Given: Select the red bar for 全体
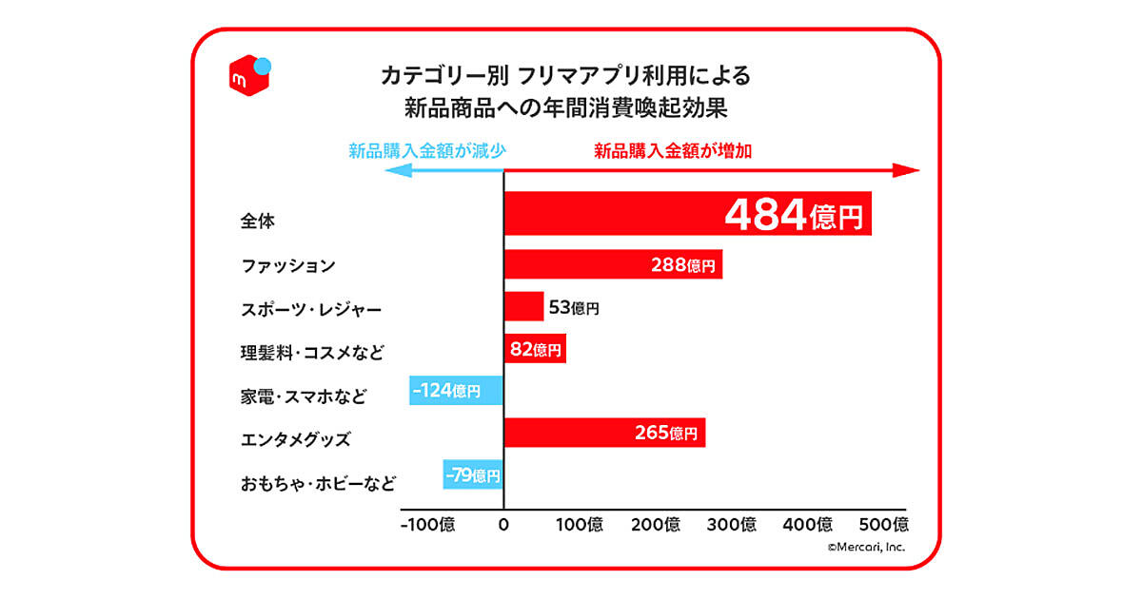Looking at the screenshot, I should (x=609, y=214).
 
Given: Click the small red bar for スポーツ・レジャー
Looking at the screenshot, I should (x=523, y=306).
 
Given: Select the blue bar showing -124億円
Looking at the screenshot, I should (x=456, y=390).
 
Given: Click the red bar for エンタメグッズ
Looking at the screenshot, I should (x=571, y=433).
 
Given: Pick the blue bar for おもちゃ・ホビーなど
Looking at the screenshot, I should (x=472, y=474).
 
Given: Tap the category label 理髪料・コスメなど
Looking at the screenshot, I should (x=311, y=353).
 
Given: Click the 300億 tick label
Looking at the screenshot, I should (x=733, y=524).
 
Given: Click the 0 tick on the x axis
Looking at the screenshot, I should (x=503, y=524).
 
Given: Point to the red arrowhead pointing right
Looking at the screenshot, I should (x=908, y=170).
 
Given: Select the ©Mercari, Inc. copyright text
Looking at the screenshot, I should (x=865, y=548).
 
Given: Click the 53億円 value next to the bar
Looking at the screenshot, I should (x=575, y=307).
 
